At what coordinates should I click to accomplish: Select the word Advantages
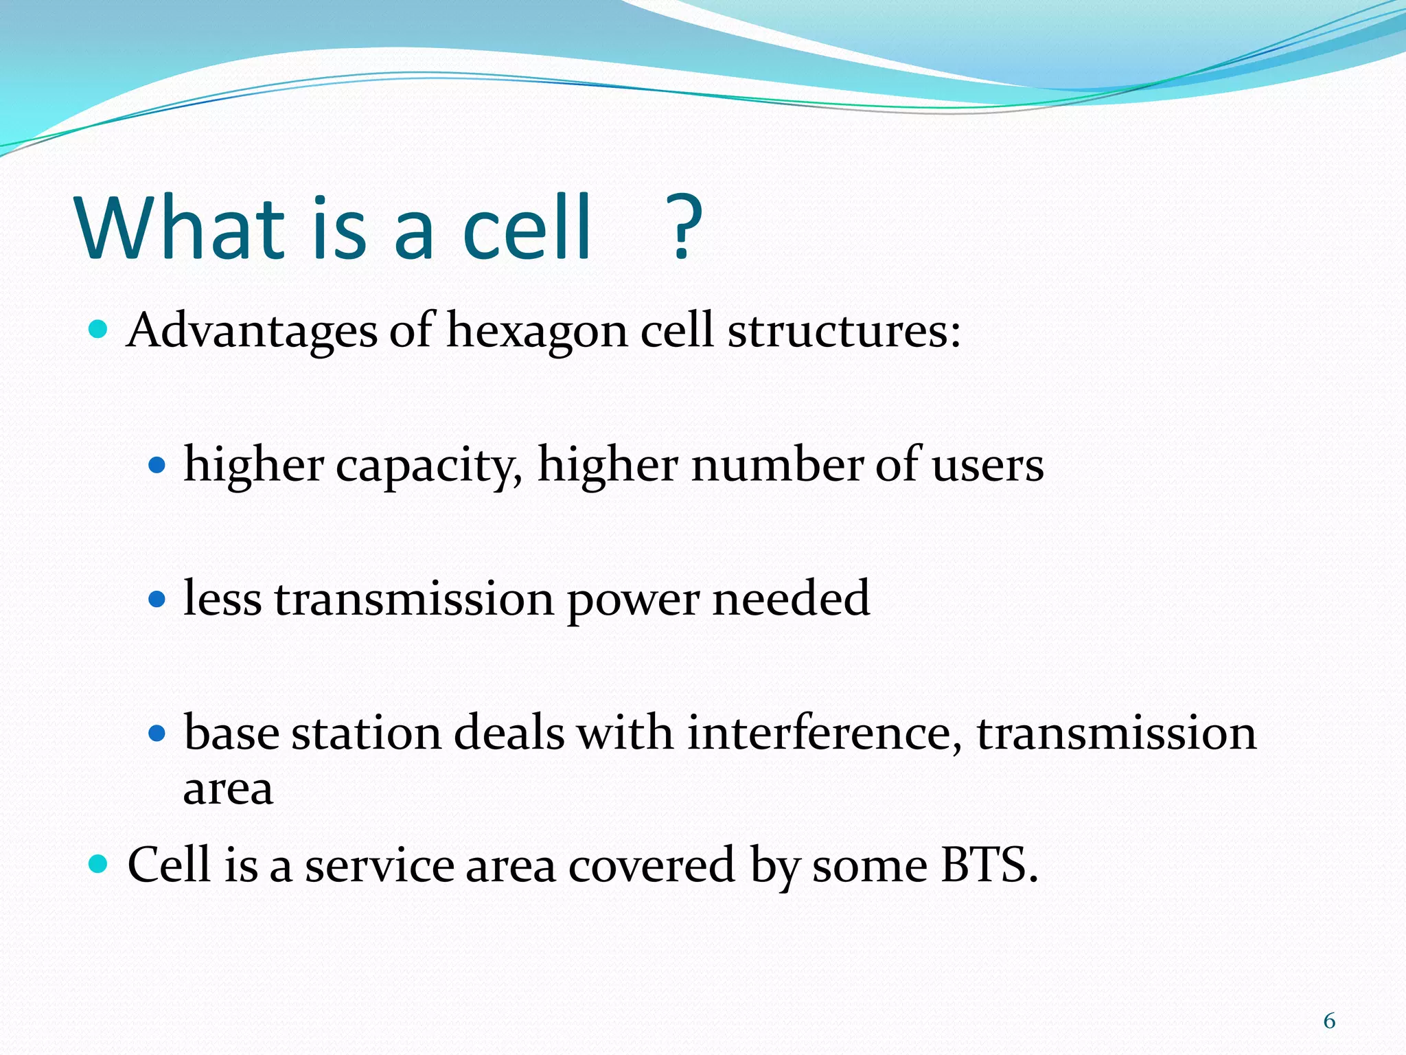(251, 331)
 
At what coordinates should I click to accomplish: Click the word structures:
(844, 331)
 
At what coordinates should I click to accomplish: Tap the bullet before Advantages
(99, 330)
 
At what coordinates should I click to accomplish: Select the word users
(987, 466)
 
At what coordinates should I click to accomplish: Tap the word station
(366, 732)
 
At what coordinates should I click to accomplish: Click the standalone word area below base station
(228, 789)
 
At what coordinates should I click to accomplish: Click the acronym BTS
(988, 864)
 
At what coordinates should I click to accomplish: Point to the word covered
(652, 865)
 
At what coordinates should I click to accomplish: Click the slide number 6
(1329, 1021)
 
